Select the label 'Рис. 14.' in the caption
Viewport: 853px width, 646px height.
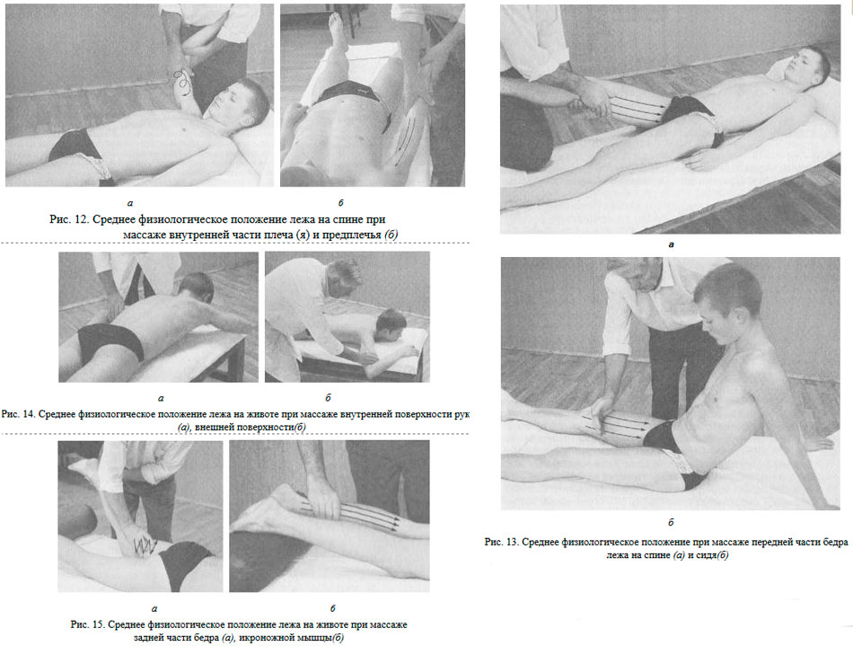point(19,414)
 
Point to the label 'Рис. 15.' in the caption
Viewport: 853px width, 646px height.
point(87,624)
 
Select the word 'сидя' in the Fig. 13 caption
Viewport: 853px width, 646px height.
point(708,555)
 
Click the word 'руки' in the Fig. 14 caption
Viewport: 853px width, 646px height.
point(462,414)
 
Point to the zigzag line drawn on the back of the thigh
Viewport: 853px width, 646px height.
point(145,545)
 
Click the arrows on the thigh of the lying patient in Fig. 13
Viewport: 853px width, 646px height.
point(636,106)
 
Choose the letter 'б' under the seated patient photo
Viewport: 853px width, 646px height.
point(671,522)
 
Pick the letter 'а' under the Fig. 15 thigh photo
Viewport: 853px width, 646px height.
point(154,609)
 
